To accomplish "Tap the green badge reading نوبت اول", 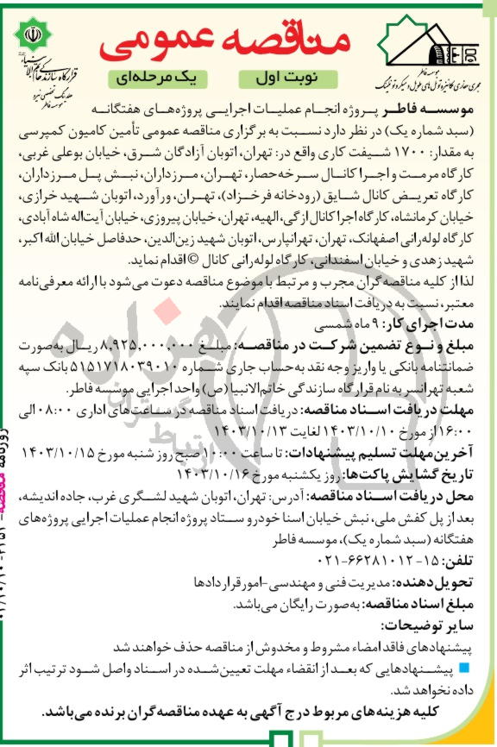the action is pos(285,78).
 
